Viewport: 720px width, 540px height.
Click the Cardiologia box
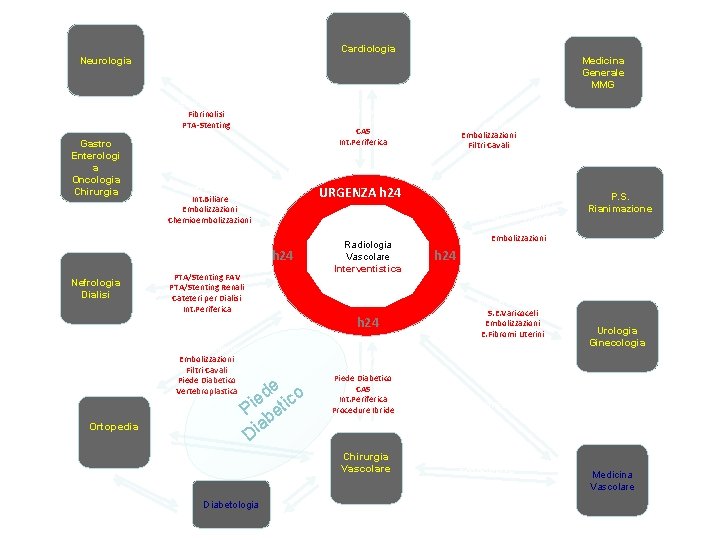pos(368,48)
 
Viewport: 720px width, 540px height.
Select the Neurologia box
pos(106,61)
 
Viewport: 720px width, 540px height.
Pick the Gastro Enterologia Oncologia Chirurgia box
pos(96,167)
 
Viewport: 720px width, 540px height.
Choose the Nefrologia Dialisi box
pos(96,288)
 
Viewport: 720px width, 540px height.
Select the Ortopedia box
pos(113,426)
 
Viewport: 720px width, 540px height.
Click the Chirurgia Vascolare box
pos(365,462)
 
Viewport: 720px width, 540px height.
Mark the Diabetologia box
pos(230,504)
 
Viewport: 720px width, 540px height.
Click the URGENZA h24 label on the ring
pos(358,191)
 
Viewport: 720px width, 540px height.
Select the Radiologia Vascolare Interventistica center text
pos(367,256)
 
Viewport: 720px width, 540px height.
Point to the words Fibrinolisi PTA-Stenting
pos(206,119)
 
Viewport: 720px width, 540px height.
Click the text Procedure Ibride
pos(363,410)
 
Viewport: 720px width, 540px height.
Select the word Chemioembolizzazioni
pos(210,220)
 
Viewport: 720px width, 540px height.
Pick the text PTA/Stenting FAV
pos(205,276)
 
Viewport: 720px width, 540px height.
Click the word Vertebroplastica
pos(207,391)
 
